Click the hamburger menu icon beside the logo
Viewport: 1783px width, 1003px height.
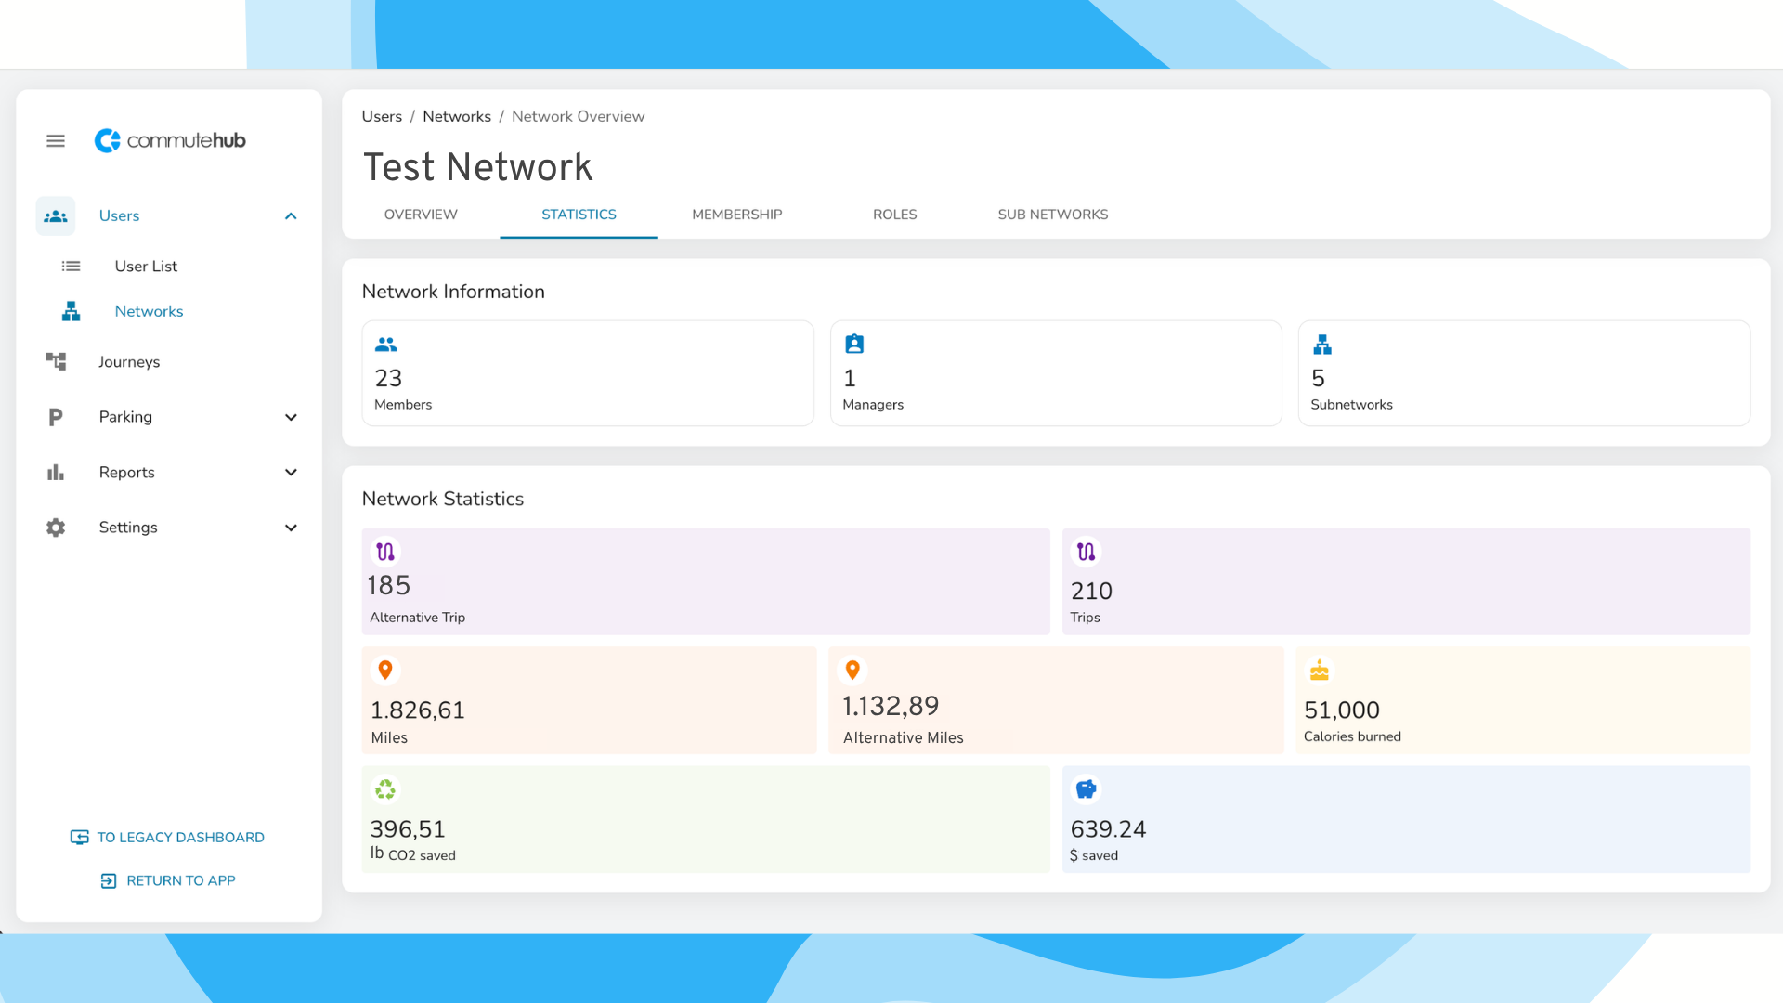pos(56,141)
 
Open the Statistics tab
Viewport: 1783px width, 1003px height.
pos(579,215)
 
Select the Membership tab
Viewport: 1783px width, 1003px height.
pos(736,215)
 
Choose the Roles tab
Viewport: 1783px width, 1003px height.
pos(894,215)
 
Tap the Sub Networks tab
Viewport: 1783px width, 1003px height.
pos(1053,215)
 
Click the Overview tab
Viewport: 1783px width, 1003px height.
pos(421,215)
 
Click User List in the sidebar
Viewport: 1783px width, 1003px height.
pos(146,267)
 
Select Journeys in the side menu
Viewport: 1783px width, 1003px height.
pos(129,362)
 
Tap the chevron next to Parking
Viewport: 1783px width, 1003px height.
pos(291,418)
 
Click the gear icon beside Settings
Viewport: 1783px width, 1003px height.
pos(56,528)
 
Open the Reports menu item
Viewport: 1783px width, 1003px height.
pos(127,473)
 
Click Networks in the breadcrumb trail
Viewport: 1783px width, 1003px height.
pos(457,116)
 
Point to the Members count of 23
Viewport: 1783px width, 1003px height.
pos(388,378)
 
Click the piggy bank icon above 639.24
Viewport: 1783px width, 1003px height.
pos(1086,789)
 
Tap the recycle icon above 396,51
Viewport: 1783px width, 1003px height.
pos(385,789)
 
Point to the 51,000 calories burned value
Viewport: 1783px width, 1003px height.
pos(1342,710)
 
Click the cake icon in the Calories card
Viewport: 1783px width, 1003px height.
pos(1320,671)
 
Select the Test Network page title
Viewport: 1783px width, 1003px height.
pos(477,167)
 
